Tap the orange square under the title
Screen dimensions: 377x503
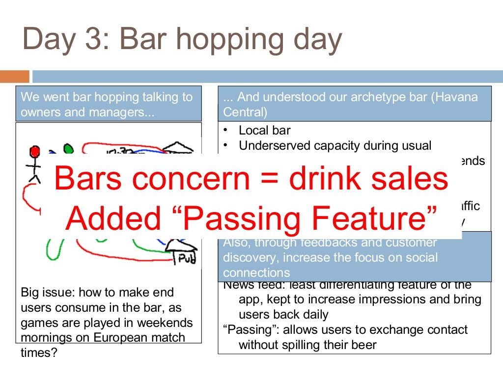click(x=14, y=76)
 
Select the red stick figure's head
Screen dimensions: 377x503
click(x=34, y=150)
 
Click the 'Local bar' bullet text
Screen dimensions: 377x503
click(x=264, y=131)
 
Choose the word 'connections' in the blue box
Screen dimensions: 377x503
click(x=256, y=273)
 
